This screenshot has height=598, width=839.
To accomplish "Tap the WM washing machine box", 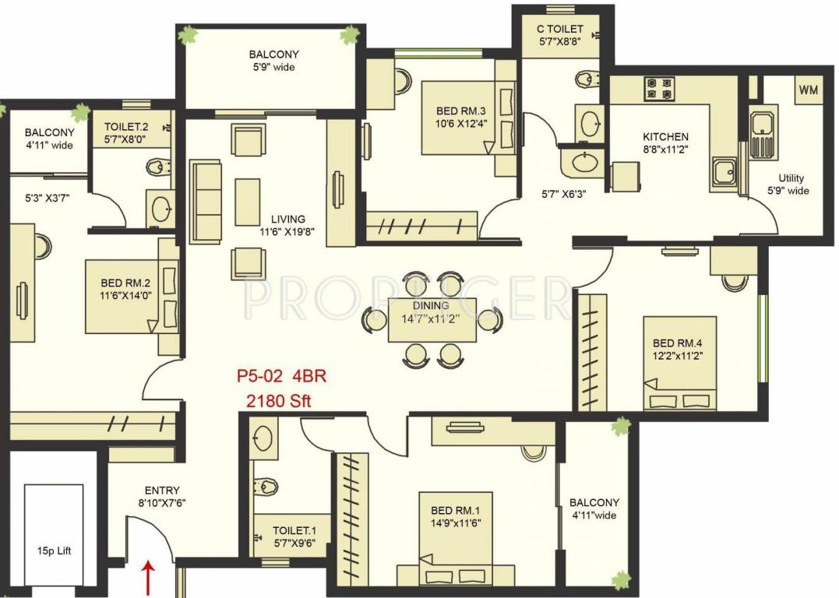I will tap(808, 90).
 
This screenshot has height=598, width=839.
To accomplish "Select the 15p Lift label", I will tap(53, 551).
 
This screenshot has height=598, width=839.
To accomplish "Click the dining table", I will tap(432, 320).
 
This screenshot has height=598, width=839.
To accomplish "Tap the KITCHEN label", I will tap(665, 137).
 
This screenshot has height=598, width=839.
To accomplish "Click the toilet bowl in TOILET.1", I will tap(266, 487).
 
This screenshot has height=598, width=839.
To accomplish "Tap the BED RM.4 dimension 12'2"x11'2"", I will tap(678, 355).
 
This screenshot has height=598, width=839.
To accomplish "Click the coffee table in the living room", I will tap(248, 202).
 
